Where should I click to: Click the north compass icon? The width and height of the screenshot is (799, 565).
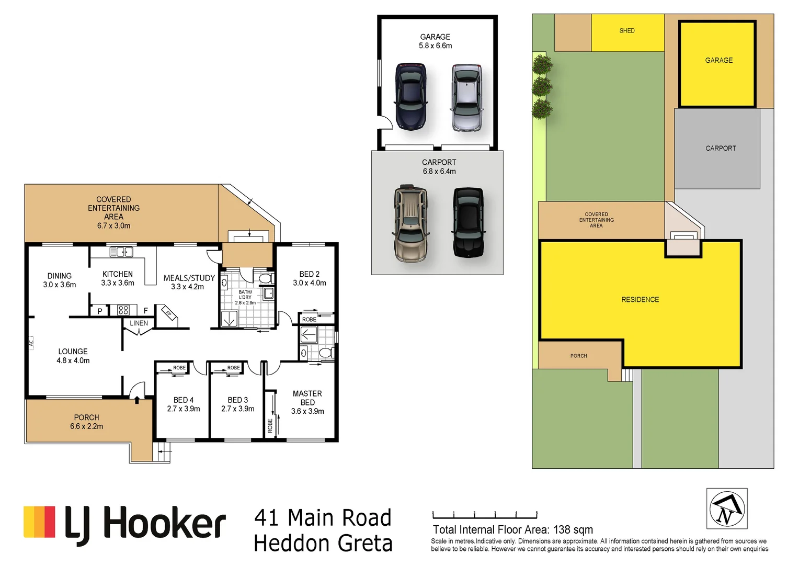click(x=726, y=508)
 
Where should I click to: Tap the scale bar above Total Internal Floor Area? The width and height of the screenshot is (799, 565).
click(x=484, y=515)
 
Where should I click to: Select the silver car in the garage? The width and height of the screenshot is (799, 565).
click(x=466, y=97)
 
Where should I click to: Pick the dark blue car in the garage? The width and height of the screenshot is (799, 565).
click(x=410, y=96)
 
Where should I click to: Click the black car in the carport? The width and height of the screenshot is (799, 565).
click(x=468, y=222)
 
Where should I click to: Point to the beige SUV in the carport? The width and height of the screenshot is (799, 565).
click(x=411, y=223)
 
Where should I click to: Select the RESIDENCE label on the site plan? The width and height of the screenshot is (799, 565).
click(x=640, y=300)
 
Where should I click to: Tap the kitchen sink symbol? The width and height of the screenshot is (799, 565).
click(x=121, y=252)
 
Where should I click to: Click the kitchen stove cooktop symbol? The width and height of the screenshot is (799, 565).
click(x=123, y=310)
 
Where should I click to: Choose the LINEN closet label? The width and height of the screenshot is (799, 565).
click(x=139, y=323)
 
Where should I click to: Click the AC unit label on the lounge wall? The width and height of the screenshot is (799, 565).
click(x=31, y=343)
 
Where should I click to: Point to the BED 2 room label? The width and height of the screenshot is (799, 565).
click(x=309, y=274)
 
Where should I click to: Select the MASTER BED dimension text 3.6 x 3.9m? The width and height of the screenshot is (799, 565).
click(x=307, y=411)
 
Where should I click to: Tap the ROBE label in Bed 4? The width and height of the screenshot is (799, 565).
click(x=179, y=368)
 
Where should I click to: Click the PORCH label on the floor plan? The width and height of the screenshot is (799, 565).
click(x=86, y=417)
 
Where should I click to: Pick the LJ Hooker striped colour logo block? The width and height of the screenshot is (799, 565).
click(x=39, y=522)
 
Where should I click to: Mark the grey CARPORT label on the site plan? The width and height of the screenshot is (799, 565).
click(x=720, y=149)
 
